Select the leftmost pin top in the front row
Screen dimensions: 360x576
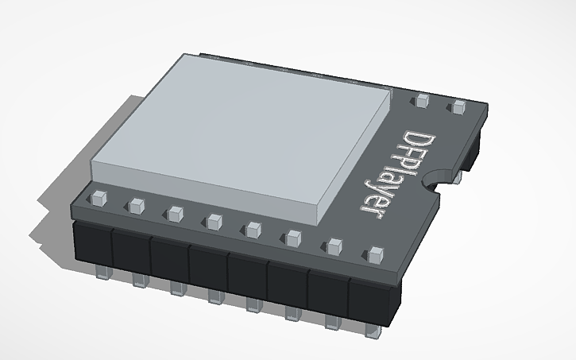point(99,197)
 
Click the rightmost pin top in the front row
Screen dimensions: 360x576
point(375,255)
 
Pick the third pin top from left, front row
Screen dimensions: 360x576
point(175,213)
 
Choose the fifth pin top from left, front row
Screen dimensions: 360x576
point(253,230)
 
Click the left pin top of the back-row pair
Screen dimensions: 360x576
point(422,100)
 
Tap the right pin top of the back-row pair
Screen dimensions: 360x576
point(458,106)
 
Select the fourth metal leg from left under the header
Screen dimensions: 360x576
point(214,297)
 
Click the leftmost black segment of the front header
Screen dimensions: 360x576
point(92,242)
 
